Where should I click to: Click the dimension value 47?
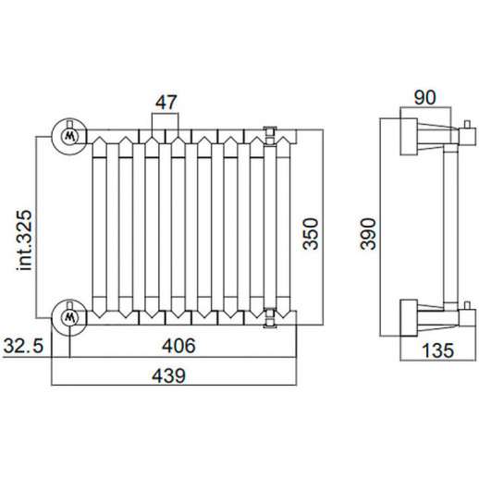[166, 103]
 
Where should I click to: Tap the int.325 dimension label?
[24, 240]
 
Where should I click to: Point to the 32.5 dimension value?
[23, 346]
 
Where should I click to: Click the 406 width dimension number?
[178, 346]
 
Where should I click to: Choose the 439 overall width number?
[169, 375]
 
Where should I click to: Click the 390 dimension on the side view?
[368, 234]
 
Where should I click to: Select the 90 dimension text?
[425, 98]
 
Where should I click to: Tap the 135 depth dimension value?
[437, 350]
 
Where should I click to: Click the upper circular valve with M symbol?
[69, 136]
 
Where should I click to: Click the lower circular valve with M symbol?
[69, 317]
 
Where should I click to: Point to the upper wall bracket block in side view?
[409, 136]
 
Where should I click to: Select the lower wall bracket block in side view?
[409, 318]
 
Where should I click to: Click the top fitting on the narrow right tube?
[270, 136]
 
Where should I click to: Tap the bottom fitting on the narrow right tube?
[270, 317]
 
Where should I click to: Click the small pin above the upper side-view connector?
[468, 125]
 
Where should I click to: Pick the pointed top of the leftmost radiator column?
[100, 137]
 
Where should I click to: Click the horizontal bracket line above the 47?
[165, 114]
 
